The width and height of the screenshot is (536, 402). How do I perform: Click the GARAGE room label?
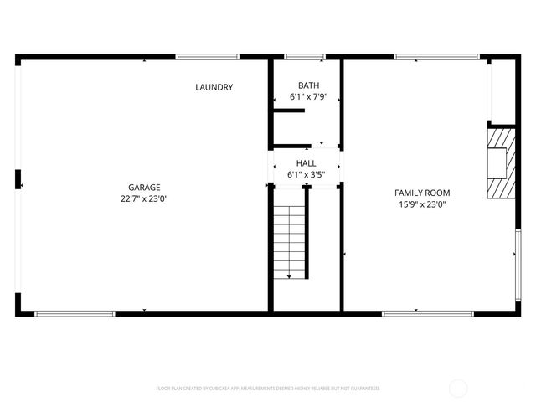point(144,188)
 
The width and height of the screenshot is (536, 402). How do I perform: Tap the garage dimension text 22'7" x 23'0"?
point(144,198)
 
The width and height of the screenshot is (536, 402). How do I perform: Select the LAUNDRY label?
point(214,88)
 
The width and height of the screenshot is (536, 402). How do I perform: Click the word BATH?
point(308,86)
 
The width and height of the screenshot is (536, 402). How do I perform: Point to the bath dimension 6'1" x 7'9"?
point(308,97)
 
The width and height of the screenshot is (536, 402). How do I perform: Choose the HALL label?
point(306,164)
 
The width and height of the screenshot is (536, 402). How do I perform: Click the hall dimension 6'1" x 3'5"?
point(306,175)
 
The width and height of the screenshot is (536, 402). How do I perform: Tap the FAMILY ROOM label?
point(422,193)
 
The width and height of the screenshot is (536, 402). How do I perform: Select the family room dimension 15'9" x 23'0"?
point(422,204)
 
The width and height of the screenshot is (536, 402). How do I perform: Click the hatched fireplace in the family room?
point(501,163)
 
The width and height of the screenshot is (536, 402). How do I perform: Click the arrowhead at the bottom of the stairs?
point(290,276)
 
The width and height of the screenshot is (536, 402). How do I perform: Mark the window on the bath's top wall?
point(305,57)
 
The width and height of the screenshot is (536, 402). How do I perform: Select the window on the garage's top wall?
point(208,57)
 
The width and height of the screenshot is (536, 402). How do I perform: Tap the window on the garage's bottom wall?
point(75,314)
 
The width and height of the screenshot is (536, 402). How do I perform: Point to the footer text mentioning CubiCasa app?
point(268,389)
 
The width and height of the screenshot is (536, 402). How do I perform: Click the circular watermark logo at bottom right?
point(458,388)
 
